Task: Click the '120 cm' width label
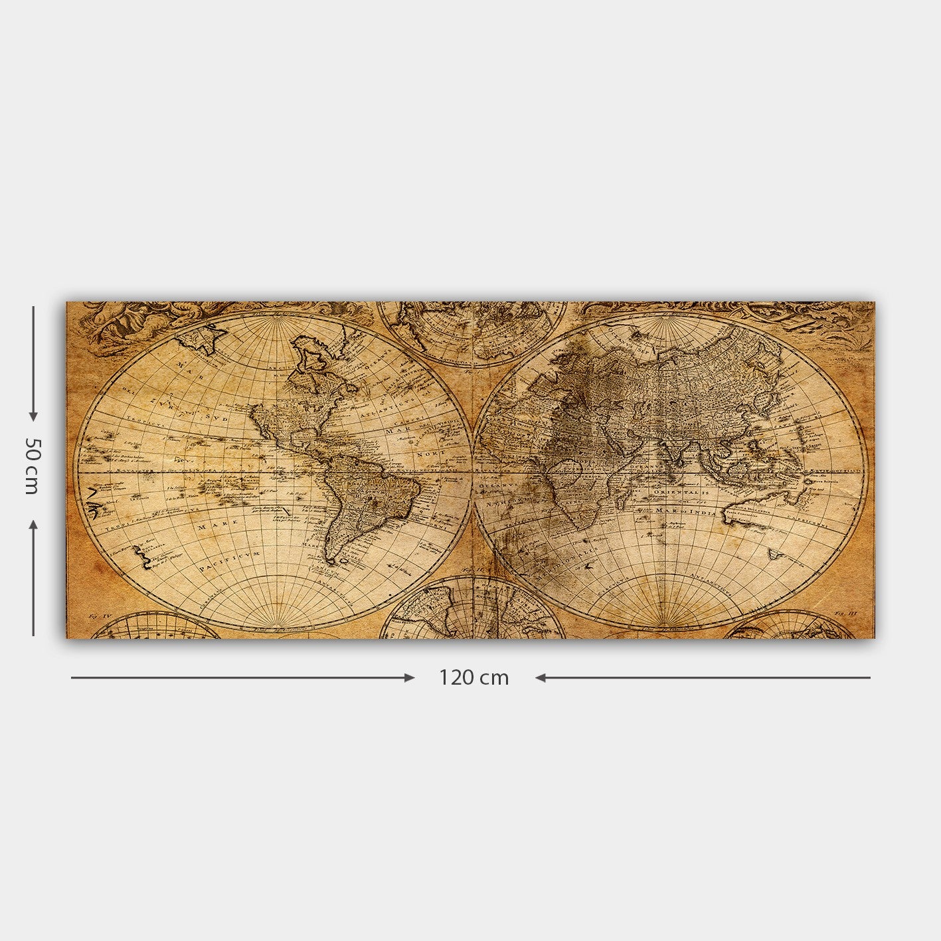[473, 678]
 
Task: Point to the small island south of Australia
[774, 553]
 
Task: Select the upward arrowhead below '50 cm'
[33, 525]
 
